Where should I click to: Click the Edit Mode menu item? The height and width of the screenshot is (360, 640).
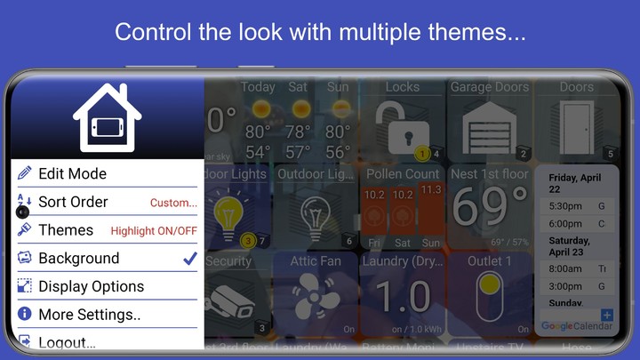click(x=72, y=173)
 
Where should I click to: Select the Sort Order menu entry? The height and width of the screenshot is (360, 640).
click(x=73, y=202)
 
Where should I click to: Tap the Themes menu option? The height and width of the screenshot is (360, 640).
click(x=66, y=230)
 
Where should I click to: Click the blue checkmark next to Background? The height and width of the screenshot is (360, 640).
click(x=189, y=259)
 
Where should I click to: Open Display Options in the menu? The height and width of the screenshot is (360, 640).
click(x=91, y=286)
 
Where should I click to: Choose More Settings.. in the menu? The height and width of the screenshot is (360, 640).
click(x=89, y=315)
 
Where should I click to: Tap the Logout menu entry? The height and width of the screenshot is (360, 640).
click(x=67, y=341)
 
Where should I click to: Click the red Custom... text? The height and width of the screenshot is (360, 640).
click(x=173, y=203)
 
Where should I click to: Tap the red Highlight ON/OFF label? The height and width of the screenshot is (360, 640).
click(x=154, y=231)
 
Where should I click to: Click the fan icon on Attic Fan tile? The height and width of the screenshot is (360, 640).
click(x=316, y=300)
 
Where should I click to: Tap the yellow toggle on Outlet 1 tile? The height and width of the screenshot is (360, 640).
click(x=489, y=299)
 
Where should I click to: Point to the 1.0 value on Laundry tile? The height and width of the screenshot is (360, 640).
click(x=402, y=299)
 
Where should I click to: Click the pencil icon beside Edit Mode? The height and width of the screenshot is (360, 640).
click(x=24, y=173)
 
